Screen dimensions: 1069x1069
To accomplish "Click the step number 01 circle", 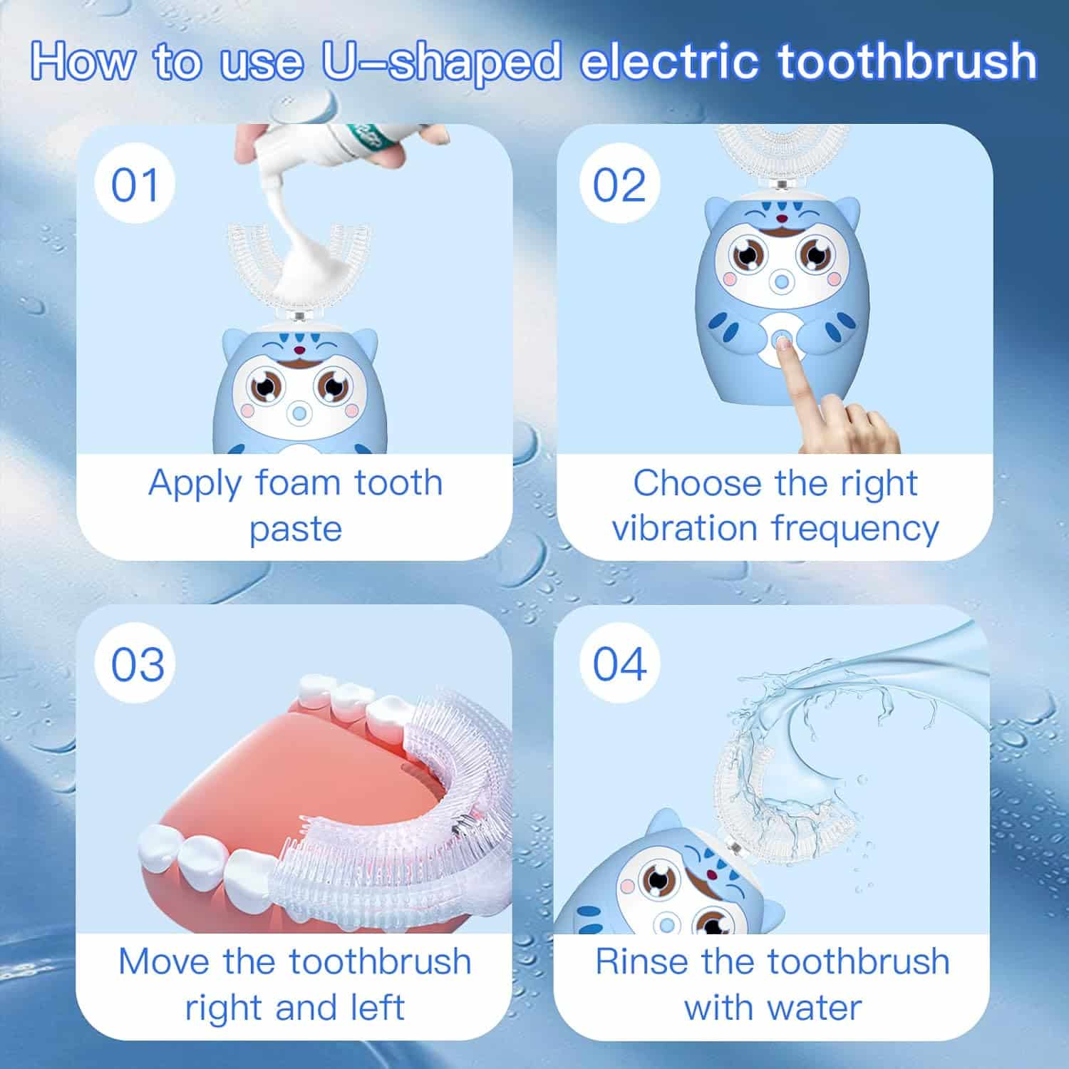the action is click(x=135, y=185).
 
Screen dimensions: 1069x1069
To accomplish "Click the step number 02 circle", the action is click(x=619, y=185).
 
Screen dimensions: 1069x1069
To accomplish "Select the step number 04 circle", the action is click(x=619, y=664).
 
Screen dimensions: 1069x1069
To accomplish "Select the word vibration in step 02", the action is click(x=685, y=529).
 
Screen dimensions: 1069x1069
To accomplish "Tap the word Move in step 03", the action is click(x=165, y=961).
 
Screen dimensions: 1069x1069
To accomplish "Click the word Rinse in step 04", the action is click(x=643, y=961).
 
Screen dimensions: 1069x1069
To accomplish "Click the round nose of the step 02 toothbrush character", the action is click(x=782, y=283).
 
